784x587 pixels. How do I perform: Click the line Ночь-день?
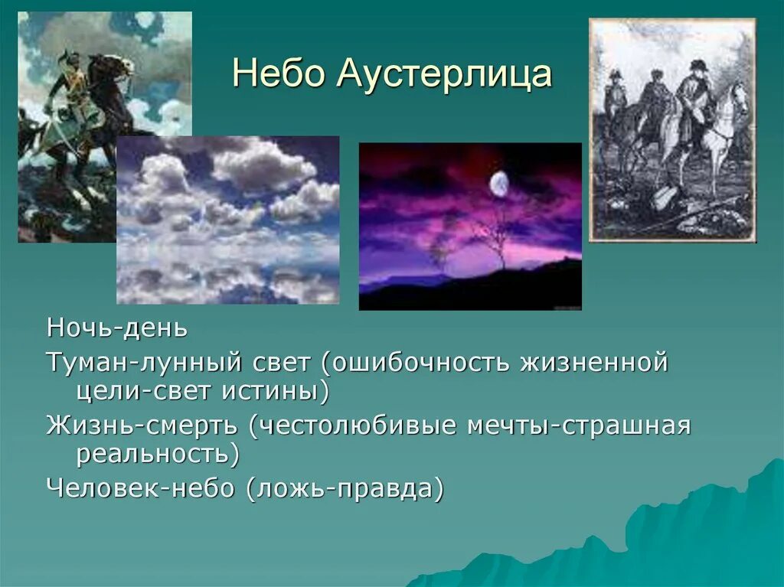tap(117, 328)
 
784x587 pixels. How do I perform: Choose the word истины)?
tap(275, 391)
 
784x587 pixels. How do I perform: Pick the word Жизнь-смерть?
tap(142, 426)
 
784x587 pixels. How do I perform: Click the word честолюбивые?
tap(352, 426)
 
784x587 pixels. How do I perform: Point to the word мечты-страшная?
tap(579, 426)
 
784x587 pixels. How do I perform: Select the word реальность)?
tap(158, 454)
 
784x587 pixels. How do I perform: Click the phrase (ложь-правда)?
tap(345, 489)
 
